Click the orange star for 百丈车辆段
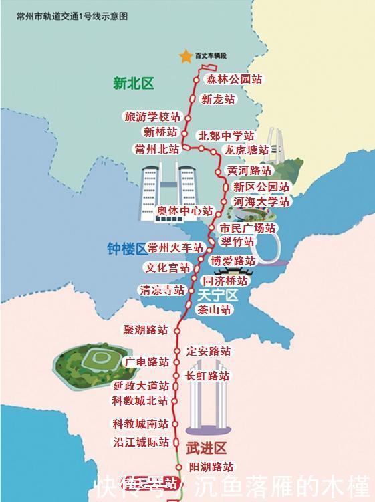(186, 56)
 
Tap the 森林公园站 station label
(234, 79)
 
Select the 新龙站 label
(218, 99)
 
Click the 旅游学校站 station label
(152, 116)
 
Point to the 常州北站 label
(157, 148)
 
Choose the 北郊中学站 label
(226, 136)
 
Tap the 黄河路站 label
(249, 170)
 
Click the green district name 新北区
(133, 84)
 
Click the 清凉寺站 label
(161, 290)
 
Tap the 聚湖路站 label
(145, 330)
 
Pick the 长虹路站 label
(207, 376)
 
